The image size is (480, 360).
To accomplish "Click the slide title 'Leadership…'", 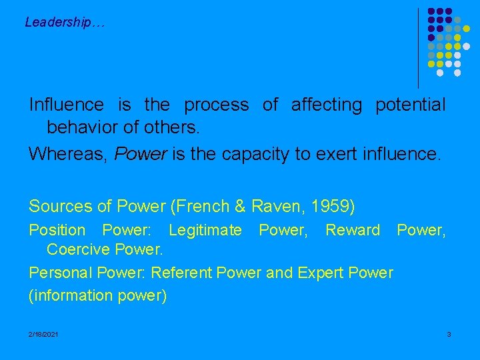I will tap(65, 22).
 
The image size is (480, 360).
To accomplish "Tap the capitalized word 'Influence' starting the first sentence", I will tap(66, 105).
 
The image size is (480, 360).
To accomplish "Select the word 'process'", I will tap(216, 105).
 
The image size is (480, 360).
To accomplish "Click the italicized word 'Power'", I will tap(141, 155).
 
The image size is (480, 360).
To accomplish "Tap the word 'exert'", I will tap(318, 155).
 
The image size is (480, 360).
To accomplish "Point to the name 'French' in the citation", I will tap(204, 206).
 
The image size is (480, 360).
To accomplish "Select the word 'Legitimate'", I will tap(205, 230).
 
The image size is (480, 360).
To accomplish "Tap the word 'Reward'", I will tap(353, 230).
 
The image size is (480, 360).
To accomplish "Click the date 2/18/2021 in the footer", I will tap(43, 333).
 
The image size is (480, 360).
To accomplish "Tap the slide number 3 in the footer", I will tap(449, 333).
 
